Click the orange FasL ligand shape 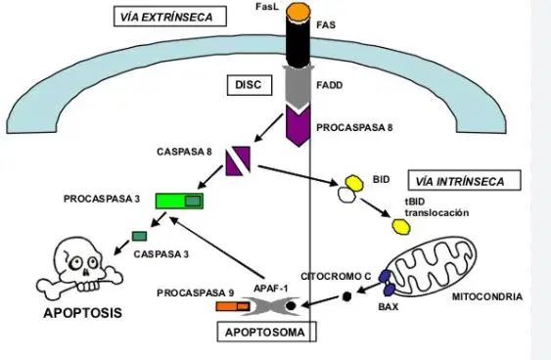(x=298, y=10)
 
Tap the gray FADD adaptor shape (x=298, y=87)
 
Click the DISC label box (x=250, y=85)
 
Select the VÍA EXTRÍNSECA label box (x=170, y=17)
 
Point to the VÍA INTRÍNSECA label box (x=464, y=181)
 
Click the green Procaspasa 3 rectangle (x=179, y=201)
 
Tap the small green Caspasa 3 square (x=140, y=236)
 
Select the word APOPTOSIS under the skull (x=82, y=313)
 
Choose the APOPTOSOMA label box (x=267, y=332)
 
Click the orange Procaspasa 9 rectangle (x=233, y=306)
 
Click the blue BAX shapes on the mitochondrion (x=387, y=283)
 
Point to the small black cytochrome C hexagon (x=346, y=296)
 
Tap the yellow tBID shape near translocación (x=401, y=227)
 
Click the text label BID (x=382, y=179)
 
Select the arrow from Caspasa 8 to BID (x=298, y=175)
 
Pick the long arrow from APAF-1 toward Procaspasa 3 (x=217, y=247)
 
